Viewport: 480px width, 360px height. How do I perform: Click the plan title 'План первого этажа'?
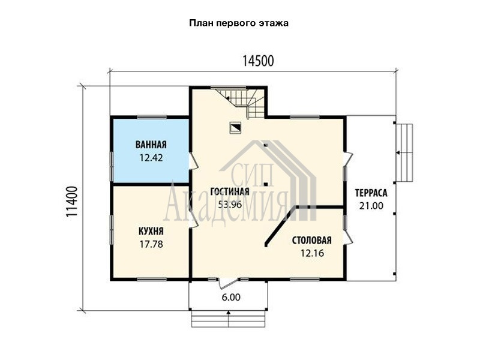click(239, 23)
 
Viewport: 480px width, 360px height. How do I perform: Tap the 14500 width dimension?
click(258, 61)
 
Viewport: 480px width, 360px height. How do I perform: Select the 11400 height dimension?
click(71, 202)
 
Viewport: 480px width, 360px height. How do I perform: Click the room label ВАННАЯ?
click(151, 145)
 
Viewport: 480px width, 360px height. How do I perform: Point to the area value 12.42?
click(151, 158)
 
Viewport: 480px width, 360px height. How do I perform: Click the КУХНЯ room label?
click(151, 231)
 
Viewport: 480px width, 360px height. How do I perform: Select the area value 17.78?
click(151, 244)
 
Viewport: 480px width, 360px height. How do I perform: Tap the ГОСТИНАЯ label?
click(230, 191)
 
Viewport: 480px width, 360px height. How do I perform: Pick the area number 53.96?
click(230, 205)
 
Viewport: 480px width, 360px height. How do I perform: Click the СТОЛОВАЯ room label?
click(311, 241)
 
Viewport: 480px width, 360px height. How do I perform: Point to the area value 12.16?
click(312, 253)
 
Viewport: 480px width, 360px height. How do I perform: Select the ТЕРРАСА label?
click(371, 193)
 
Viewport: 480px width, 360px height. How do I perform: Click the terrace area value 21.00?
click(371, 206)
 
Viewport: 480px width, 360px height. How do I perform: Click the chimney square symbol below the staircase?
click(235, 128)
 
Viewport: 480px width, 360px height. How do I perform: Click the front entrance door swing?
click(229, 283)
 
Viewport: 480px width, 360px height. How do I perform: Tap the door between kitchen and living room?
click(194, 219)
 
